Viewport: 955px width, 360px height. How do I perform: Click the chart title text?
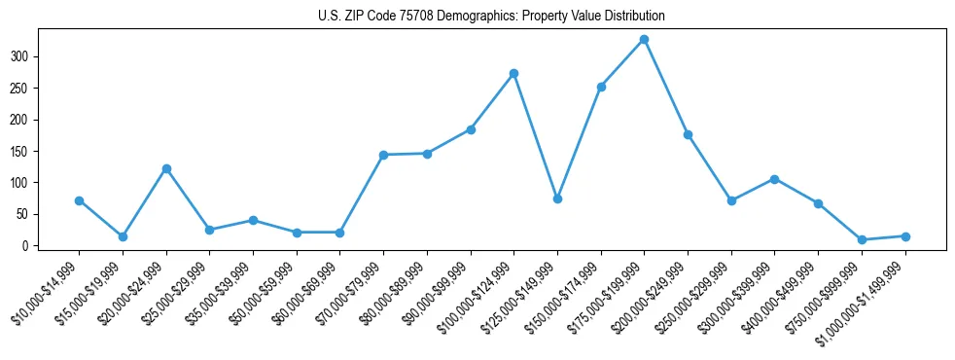[491, 16]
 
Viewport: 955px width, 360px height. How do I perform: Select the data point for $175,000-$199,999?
[644, 40]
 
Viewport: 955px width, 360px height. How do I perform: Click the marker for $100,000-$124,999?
[513, 74]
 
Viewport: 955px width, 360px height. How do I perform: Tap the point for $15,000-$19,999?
[123, 236]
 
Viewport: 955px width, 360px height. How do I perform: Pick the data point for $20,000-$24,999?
[166, 168]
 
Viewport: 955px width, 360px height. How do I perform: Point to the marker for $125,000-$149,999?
[557, 198]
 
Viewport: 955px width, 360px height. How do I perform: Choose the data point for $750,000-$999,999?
[862, 239]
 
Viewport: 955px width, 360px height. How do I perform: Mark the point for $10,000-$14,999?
[79, 200]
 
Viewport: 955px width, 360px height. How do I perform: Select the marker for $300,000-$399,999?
[774, 179]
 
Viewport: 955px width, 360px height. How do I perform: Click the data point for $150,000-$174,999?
[601, 87]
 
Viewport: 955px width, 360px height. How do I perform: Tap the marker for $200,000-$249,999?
[688, 134]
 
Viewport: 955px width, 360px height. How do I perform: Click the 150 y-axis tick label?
[22, 151]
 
